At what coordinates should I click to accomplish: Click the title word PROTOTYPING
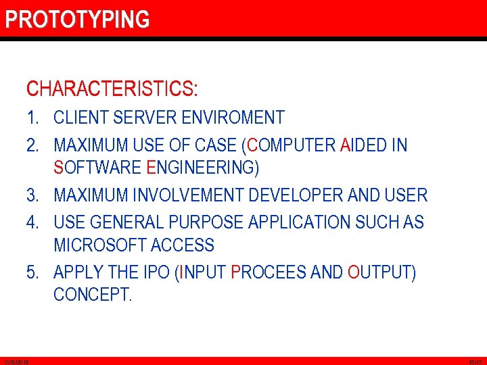point(77,20)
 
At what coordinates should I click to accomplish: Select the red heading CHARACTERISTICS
point(112,89)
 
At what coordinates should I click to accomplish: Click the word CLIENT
point(81,118)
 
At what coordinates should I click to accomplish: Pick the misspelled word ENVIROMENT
point(233,118)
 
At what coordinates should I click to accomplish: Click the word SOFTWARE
point(96,167)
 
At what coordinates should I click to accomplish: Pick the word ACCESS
point(183,245)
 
